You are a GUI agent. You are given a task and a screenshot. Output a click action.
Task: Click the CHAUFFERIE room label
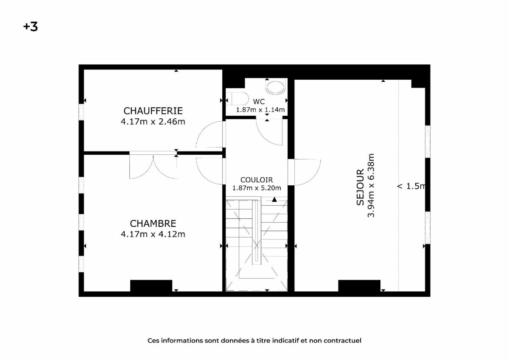point(153,111)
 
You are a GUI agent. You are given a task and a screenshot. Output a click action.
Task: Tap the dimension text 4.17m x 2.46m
point(153,122)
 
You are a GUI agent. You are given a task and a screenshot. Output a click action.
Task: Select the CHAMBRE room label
point(153,224)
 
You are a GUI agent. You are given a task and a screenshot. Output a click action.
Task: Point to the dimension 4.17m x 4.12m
point(153,234)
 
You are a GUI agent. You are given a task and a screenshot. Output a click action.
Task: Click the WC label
point(259,101)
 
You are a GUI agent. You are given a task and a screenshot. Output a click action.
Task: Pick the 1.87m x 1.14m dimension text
point(260,110)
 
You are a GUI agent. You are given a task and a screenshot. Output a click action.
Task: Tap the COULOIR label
point(257,180)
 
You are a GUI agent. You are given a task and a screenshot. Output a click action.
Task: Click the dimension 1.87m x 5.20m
point(257,188)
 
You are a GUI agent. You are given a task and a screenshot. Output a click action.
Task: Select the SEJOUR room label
point(360,187)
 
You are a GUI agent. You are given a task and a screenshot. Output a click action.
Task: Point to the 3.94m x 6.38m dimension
point(371,186)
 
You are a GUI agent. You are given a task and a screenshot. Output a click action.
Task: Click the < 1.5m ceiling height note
point(411,186)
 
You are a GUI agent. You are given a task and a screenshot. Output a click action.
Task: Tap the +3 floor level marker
point(31,27)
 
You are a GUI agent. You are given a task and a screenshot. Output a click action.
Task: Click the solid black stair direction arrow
point(274,199)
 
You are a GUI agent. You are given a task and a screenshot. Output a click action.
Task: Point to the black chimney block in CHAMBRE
point(151,286)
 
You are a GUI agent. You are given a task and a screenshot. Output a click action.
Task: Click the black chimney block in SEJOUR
point(359,286)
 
